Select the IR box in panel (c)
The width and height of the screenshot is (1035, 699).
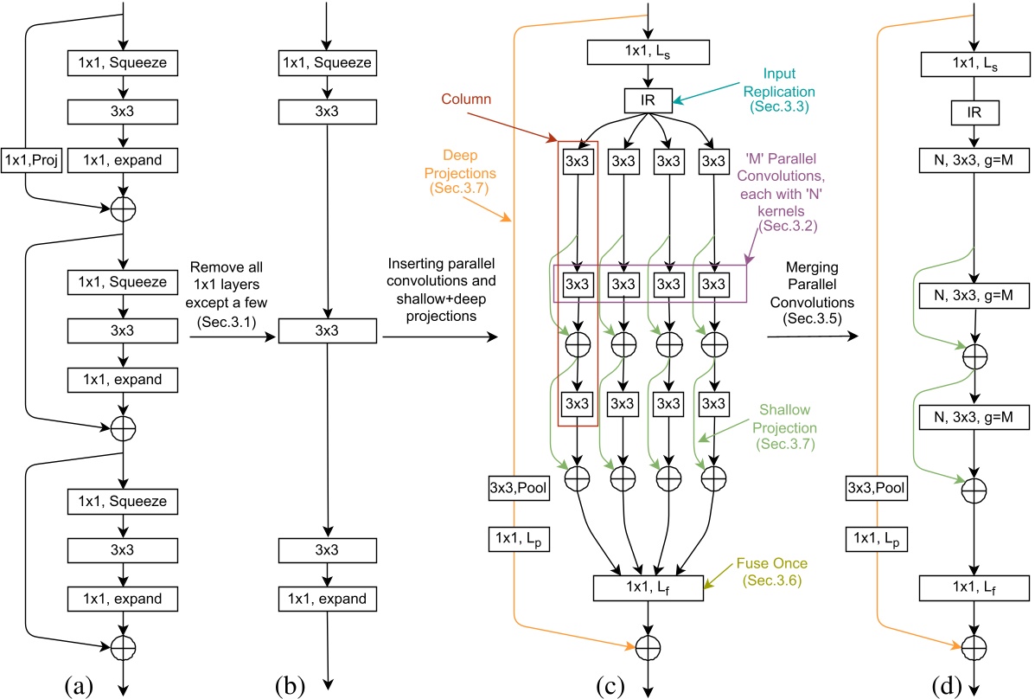(x=648, y=100)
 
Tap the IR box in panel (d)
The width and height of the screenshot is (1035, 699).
(x=974, y=112)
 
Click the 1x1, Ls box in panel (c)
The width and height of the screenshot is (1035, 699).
(x=648, y=51)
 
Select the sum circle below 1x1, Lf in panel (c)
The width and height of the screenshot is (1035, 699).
(x=648, y=645)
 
